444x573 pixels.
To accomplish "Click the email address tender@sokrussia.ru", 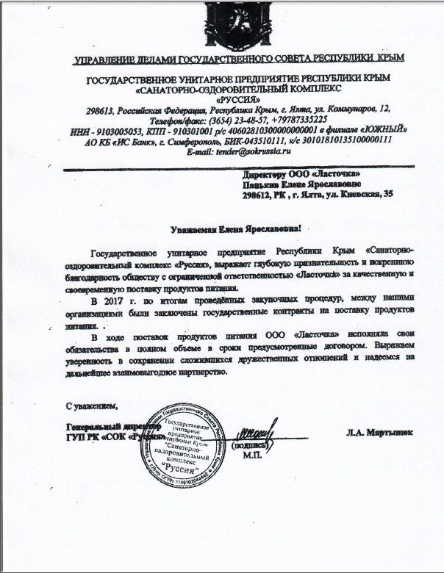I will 253,150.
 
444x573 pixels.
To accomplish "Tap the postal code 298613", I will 102,109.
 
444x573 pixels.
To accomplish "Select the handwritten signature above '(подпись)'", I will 257,431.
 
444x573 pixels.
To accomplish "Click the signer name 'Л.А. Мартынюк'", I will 379,433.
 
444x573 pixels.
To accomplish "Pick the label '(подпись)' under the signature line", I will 251,445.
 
